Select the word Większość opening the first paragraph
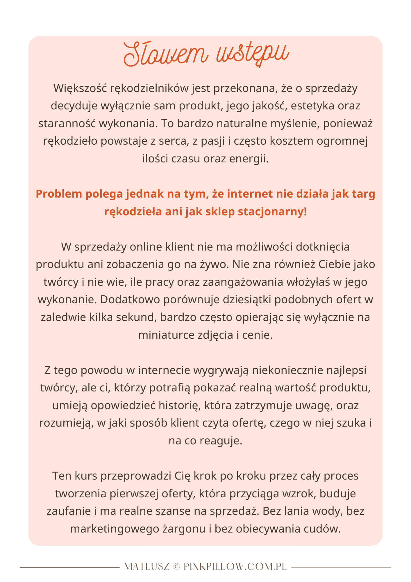[x=80, y=88]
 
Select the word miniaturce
[x=166, y=335]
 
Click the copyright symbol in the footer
[x=176, y=567]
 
